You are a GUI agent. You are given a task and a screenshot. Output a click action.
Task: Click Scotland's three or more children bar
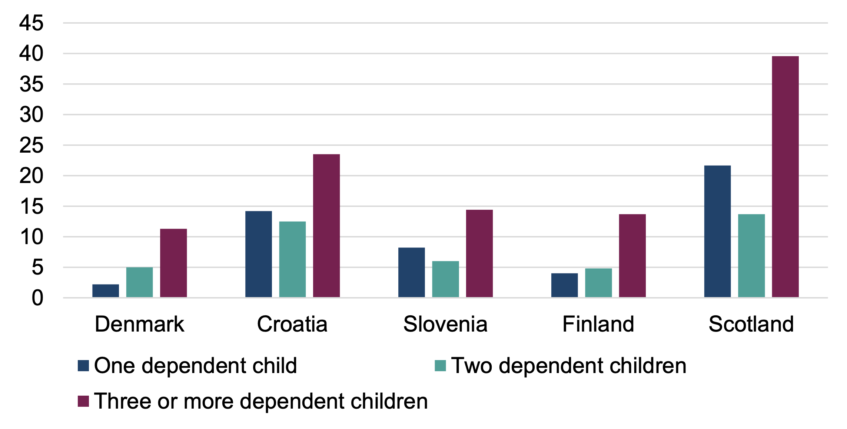[x=785, y=177]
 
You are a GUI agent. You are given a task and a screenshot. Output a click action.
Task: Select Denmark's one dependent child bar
[x=106, y=291]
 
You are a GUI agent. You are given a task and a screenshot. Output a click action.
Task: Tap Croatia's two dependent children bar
[x=292, y=259]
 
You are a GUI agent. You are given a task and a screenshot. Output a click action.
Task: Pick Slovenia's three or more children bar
[x=479, y=253]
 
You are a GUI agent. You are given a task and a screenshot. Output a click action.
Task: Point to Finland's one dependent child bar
[x=564, y=285]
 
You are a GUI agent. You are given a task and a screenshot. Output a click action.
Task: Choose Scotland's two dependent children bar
[x=751, y=256]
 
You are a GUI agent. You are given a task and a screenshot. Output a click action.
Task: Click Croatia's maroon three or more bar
[x=326, y=226]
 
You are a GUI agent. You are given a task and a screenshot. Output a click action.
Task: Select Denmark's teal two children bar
[x=139, y=282]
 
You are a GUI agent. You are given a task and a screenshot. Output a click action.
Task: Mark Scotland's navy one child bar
[x=717, y=231]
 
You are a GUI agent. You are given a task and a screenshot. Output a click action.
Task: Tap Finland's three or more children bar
[x=632, y=256]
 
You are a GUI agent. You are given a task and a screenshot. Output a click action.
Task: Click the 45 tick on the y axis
[x=31, y=23]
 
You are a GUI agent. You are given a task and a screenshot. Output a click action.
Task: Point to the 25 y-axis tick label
[x=31, y=145]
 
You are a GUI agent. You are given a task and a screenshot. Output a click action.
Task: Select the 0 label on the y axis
[x=37, y=298]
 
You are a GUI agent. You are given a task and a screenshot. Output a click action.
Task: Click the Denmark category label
[x=139, y=324]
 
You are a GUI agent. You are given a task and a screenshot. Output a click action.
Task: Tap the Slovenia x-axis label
[x=445, y=324]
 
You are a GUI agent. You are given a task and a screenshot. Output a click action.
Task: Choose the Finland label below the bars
[x=598, y=324]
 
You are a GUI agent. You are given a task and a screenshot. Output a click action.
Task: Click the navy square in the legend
[x=83, y=366]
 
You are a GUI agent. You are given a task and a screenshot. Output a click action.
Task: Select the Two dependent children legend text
[x=569, y=366]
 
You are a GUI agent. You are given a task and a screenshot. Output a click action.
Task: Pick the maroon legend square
[x=83, y=401]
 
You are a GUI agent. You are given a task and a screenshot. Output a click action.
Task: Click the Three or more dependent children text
[x=261, y=401]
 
